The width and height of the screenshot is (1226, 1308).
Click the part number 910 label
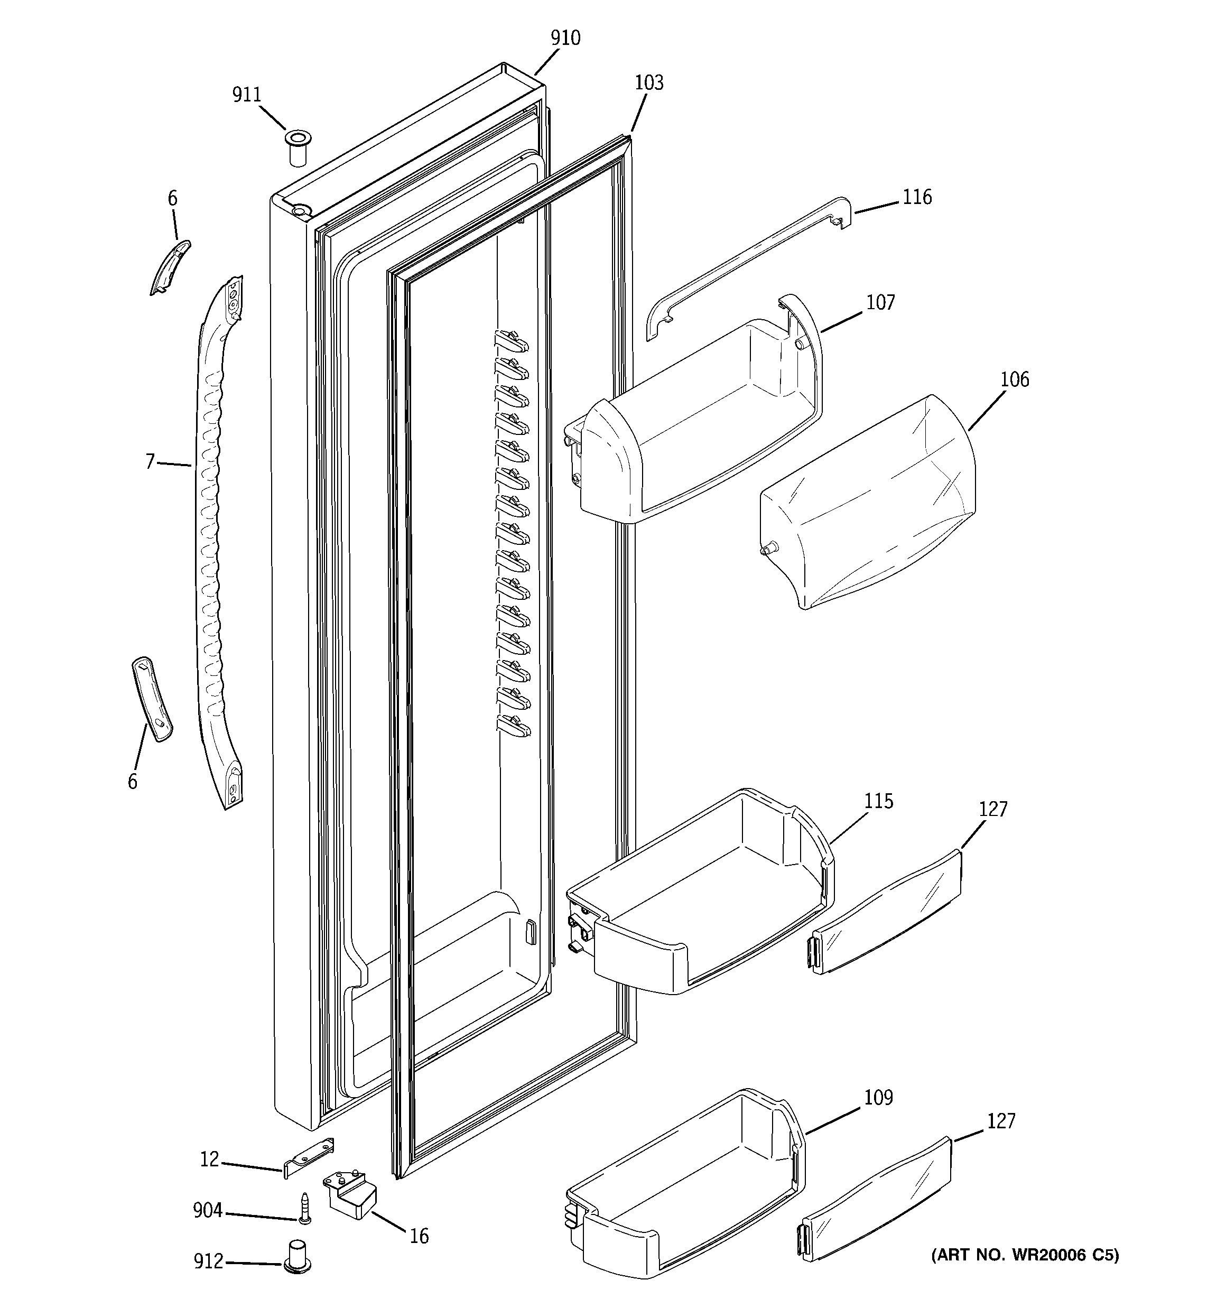pos(565,38)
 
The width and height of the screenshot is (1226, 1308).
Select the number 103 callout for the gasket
pos(649,83)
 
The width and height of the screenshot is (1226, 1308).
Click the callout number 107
pos(880,303)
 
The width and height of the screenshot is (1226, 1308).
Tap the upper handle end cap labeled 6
pos(170,267)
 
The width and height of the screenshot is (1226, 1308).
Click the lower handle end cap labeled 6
pos(152,699)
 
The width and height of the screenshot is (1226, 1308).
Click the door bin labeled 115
pos(698,902)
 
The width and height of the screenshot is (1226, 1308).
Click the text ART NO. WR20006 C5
pos(1024,1255)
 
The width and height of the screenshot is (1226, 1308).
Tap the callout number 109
pos(878,1098)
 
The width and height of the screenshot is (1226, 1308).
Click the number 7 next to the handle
pos(150,462)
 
